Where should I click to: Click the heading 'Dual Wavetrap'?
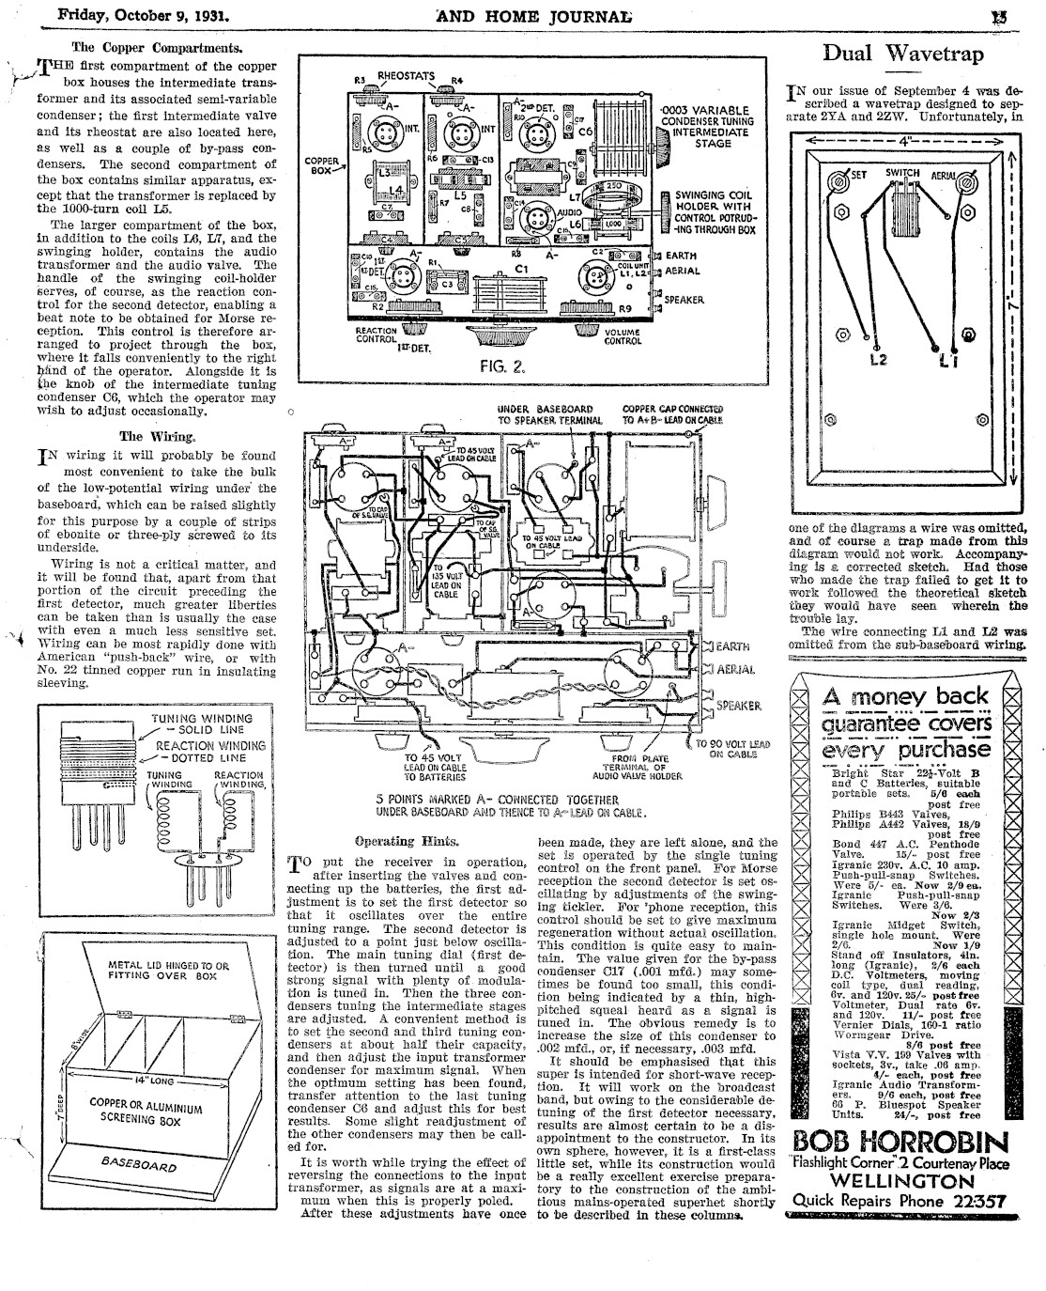click(x=902, y=54)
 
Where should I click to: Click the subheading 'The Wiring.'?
click(x=157, y=436)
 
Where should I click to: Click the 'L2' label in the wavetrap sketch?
click(x=879, y=360)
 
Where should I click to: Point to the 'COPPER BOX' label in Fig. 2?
click(x=321, y=167)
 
